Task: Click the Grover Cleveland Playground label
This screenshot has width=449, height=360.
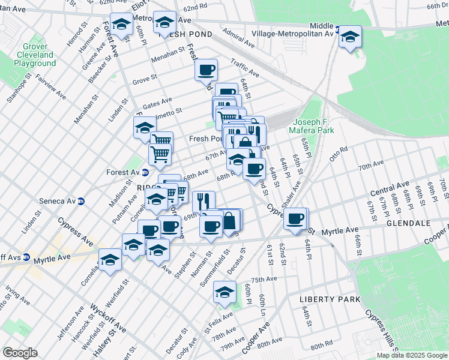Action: pyautogui.click(x=34, y=55)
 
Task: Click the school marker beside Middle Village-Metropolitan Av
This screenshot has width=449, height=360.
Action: pyautogui.click(x=350, y=37)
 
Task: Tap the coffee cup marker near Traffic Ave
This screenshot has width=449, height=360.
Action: pyautogui.click(x=206, y=70)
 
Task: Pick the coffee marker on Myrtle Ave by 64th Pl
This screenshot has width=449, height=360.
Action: pyautogui.click(x=296, y=219)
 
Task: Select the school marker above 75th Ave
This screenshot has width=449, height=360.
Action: pyautogui.click(x=224, y=292)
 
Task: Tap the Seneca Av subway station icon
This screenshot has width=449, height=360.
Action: pyautogui.click(x=81, y=201)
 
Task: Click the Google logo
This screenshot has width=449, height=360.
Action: pyautogui.click(x=20, y=353)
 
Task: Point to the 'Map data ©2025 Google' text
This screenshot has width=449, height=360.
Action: pyautogui.click(x=412, y=355)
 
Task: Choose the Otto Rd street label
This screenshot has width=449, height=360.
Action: pyautogui.click(x=339, y=151)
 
